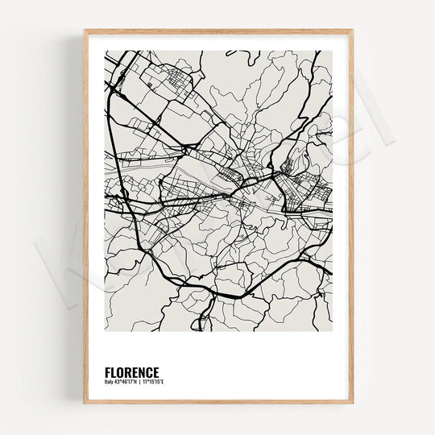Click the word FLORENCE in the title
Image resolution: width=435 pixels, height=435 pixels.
131,372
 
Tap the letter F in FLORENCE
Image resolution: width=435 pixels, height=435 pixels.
107,372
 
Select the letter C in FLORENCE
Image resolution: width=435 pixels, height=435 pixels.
147,372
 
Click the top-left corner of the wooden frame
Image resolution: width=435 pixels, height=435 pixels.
85,31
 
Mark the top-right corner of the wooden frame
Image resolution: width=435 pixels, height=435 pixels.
351,31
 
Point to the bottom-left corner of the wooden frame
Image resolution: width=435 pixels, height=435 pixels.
85,401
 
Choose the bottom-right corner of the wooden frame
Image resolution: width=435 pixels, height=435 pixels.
351,401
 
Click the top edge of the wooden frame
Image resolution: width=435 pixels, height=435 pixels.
217,31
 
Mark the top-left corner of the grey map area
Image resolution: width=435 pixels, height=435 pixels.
105,51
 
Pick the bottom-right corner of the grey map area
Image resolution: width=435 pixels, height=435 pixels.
332,331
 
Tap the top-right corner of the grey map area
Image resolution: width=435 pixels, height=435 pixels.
332,51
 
